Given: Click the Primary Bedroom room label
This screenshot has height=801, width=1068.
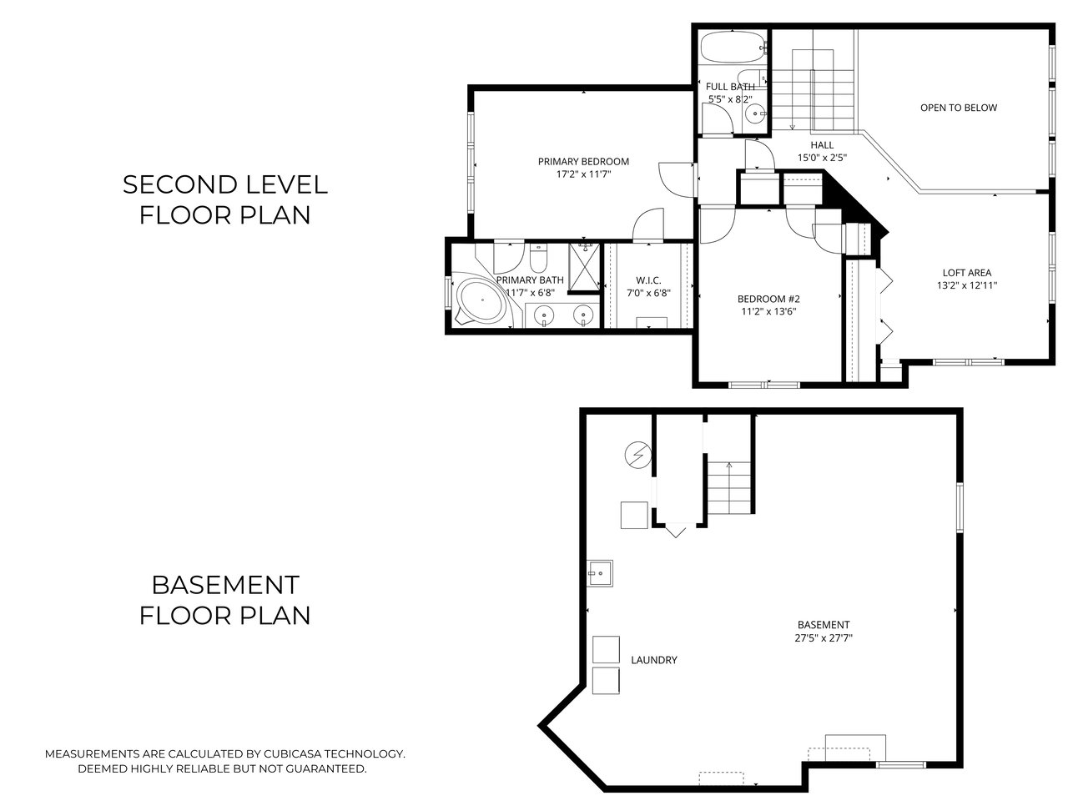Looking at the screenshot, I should pos(583,161).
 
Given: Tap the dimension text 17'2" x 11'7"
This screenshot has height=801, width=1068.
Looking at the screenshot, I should pos(583,175).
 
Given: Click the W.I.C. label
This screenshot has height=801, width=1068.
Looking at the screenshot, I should pos(648,280).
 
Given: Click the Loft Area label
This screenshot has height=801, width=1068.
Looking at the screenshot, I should pos(966,272).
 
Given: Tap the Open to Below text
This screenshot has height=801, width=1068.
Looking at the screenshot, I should pos(958,108).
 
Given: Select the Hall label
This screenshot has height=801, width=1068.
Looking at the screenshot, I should pos(822,144).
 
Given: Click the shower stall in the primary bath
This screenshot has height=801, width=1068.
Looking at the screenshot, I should pos(585,266).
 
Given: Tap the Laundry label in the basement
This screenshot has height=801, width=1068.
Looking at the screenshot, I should pos(653,660).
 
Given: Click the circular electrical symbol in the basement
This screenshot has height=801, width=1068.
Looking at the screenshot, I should pos(636,455).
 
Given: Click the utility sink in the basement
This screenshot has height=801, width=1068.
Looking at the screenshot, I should pos(599,572).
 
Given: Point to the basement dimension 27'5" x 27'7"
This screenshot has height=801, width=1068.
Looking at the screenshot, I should pos(824,638).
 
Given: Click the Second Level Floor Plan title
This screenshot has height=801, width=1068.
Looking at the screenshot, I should pos(224,199).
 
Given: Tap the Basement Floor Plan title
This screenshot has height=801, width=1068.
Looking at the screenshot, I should pos(224,600).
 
